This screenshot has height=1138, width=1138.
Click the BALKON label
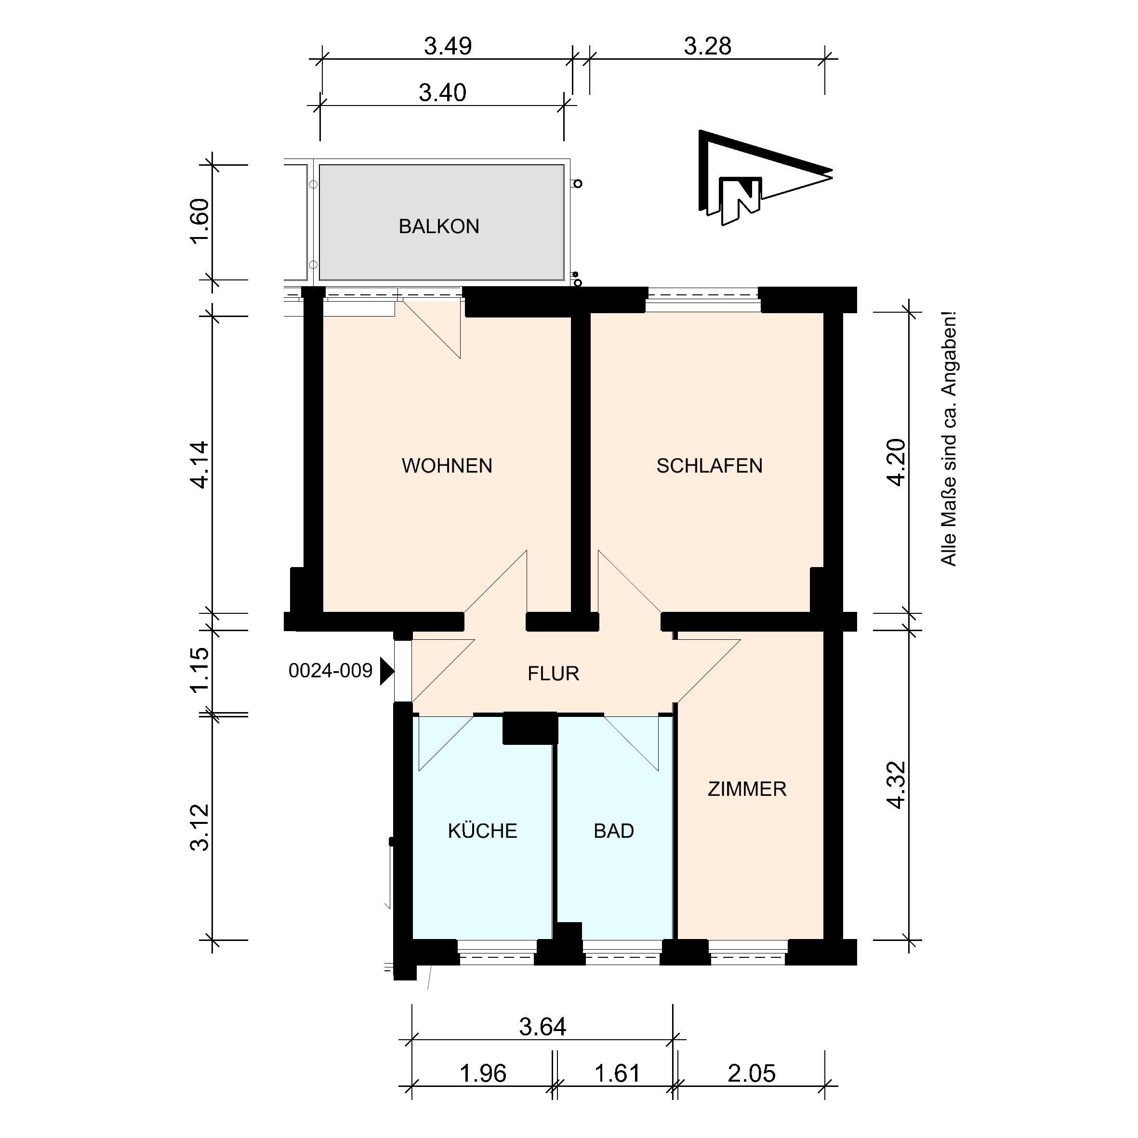coord(439,226)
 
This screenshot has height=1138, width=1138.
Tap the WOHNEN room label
coord(447,466)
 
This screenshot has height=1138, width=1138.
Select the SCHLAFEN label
coord(710,466)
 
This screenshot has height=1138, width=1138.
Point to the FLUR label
coord(554,673)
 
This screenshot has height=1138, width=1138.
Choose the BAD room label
coord(614,831)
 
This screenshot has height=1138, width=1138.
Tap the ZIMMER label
coord(747,789)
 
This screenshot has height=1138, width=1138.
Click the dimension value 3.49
coord(448,46)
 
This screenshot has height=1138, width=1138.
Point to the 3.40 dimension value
coord(442,93)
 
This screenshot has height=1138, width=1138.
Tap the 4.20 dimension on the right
coord(896,463)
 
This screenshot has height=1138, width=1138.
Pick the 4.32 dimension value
coord(896,785)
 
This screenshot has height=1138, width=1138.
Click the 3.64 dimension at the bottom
coord(543,1027)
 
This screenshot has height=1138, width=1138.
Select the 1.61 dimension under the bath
coord(617,1073)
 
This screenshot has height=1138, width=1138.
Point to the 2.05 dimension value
coord(752,1073)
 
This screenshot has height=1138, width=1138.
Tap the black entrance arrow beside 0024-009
coord(386,671)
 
